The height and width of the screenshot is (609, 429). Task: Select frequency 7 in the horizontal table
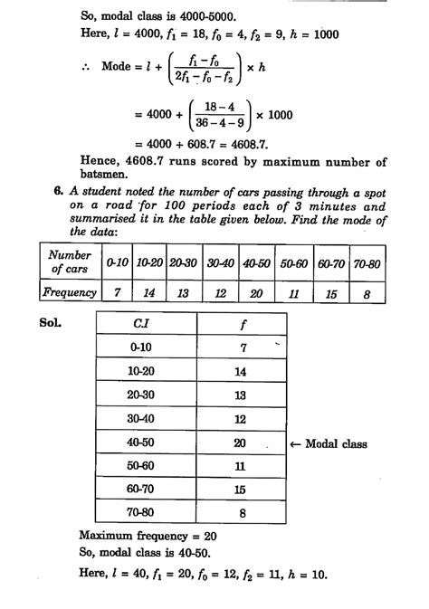(x=117, y=293)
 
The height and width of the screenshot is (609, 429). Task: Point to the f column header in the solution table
(x=238, y=323)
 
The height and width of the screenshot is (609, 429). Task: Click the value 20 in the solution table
(x=239, y=443)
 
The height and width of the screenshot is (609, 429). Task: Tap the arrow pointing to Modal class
(x=295, y=444)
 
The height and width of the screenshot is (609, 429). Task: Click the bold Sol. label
(x=52, y=321)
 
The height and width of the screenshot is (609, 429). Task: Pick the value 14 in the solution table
(x=239, y=371)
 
